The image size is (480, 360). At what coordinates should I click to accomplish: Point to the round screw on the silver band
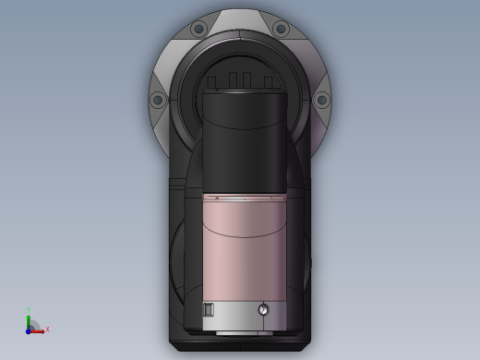point(266,310)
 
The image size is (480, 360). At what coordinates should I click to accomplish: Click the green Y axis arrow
point(29,319)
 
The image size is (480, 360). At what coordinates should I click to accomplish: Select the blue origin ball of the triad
point(29,330)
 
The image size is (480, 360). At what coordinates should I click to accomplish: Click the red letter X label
point(47,330)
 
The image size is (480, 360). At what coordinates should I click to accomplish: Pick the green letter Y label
point(29,312)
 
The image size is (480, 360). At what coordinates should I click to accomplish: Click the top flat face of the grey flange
point(240,18)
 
